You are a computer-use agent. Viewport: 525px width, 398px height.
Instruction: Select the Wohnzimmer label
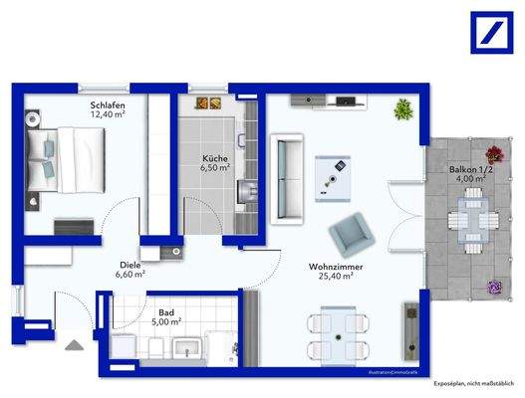pyautogui.click(x=334, y=269)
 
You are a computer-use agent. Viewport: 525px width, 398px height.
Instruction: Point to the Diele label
pyautogui.click(x=131, y=264)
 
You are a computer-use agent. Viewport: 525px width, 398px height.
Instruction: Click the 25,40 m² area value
pyautogui.click(x=335, y=281)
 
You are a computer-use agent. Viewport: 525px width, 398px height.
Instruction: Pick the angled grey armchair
pyautogui.click(x=351, y=236)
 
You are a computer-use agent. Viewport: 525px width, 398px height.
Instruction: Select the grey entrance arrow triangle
pyautogui.click(x=72, y=345)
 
